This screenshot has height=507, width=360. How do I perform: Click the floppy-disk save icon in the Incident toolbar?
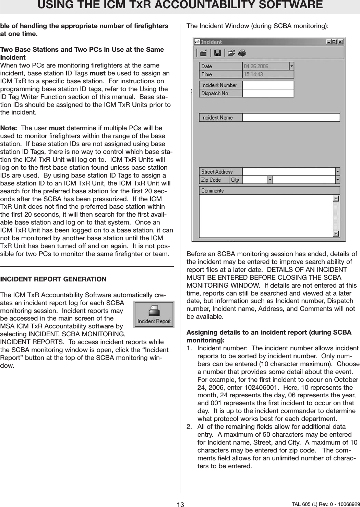point(217,53)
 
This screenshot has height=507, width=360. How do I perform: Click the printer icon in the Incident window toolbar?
point(242,53)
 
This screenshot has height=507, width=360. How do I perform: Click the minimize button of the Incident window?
point(328,42)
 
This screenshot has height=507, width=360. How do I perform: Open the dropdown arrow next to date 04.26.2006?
point(291,66)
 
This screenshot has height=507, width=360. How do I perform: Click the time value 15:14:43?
point(253,74)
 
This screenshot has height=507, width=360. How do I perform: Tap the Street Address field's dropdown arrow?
point(337,171)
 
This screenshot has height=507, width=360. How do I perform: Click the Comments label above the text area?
point(212,191)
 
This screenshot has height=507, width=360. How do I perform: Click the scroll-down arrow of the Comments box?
point(336,233)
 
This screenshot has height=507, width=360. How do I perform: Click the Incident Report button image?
point(154,314)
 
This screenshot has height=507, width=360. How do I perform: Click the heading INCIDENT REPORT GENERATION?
point(53,279)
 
